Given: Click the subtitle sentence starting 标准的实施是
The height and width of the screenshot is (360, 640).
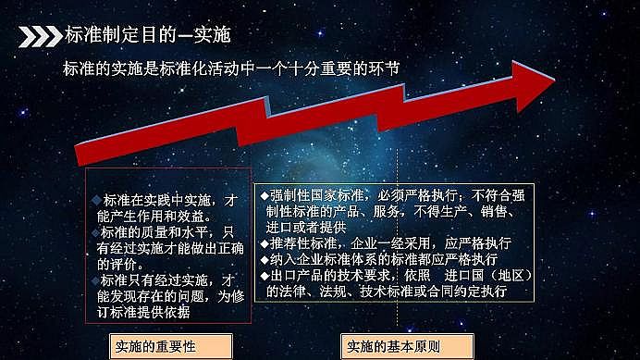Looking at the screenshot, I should coord(234,69).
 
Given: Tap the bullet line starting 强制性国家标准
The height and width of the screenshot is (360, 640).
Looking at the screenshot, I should coord(394,194).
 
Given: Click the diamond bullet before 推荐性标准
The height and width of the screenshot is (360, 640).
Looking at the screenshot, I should coord(265,243).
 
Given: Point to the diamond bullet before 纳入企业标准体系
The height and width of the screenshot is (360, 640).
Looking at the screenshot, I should coord(265,260).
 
